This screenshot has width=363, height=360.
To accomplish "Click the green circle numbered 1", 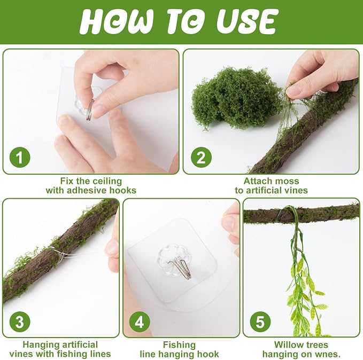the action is coord(20,158).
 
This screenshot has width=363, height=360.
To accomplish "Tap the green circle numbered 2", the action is coord(201,158).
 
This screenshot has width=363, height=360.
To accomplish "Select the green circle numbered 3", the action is coord(20,322).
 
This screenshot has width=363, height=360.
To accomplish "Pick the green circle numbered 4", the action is coord(140,322).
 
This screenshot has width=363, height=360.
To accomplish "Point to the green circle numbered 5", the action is coord(260,322).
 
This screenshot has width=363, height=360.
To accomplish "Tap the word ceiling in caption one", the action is coord(107,181).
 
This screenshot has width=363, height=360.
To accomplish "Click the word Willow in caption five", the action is coord(287,345).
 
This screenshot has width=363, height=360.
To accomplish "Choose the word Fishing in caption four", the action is coord(179,345).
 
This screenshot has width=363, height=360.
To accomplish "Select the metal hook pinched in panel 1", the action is coord(90,109).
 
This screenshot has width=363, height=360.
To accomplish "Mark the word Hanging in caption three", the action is coord(40,345).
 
